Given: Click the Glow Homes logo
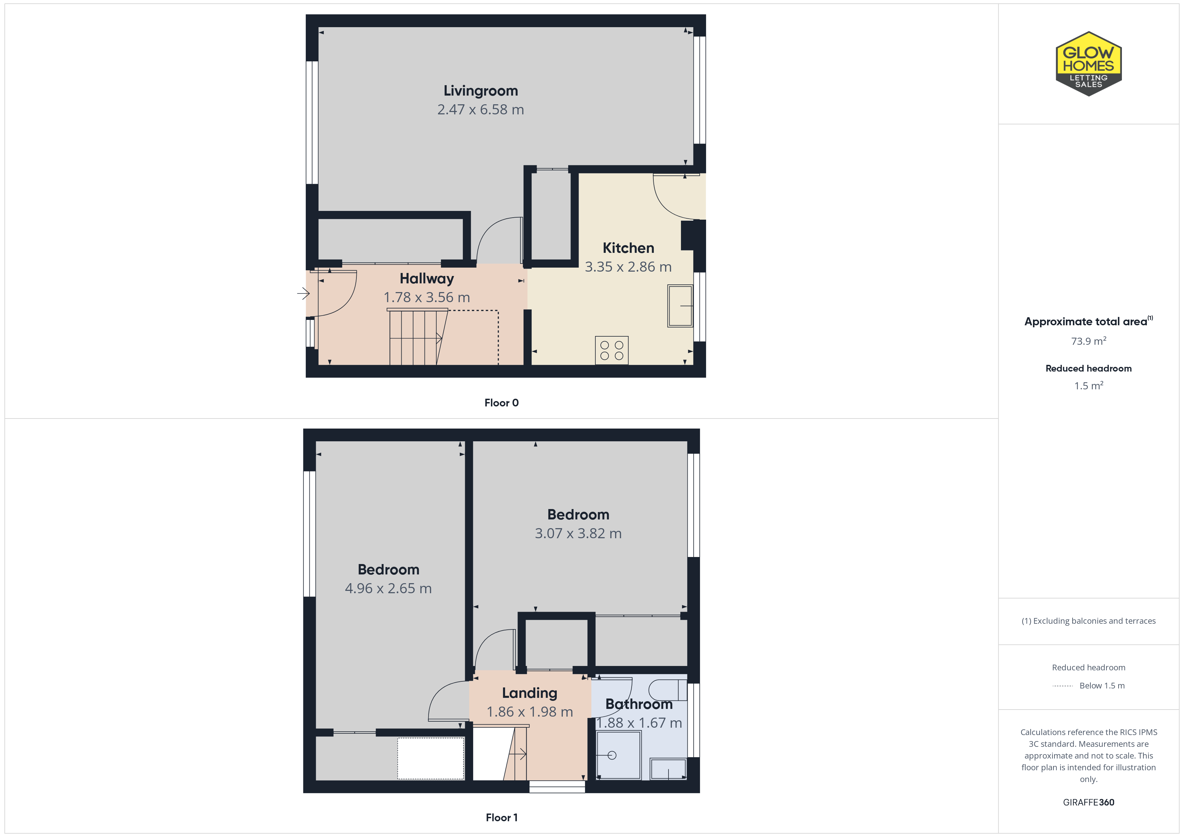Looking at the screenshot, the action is click(x=1089, y=64).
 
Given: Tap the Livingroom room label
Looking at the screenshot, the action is click(x=481, y=91).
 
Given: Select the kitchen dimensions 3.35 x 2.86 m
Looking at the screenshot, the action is click(x=628, y=267).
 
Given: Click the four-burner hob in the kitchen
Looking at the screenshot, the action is click(x=611, y=350).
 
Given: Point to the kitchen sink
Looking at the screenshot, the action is click(x=680, y=305).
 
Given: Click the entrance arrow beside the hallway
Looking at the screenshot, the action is click(x=303, y=294).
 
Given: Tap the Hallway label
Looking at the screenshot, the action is click(x=427, y=278).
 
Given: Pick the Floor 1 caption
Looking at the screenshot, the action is click(x=501, y=818).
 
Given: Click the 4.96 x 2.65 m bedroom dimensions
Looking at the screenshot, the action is click(x=388, y=589).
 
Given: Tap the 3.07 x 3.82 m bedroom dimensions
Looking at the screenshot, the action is click(x=578, y=534).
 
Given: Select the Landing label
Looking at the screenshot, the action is click(x=530, y=693).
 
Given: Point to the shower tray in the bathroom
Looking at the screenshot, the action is click(x=618, y=755).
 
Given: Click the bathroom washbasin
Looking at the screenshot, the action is click(x=668, y=769).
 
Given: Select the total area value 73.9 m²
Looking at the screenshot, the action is click(x=1089, y=341).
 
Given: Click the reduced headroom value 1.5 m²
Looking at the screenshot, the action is click(x=1089, y=386).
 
